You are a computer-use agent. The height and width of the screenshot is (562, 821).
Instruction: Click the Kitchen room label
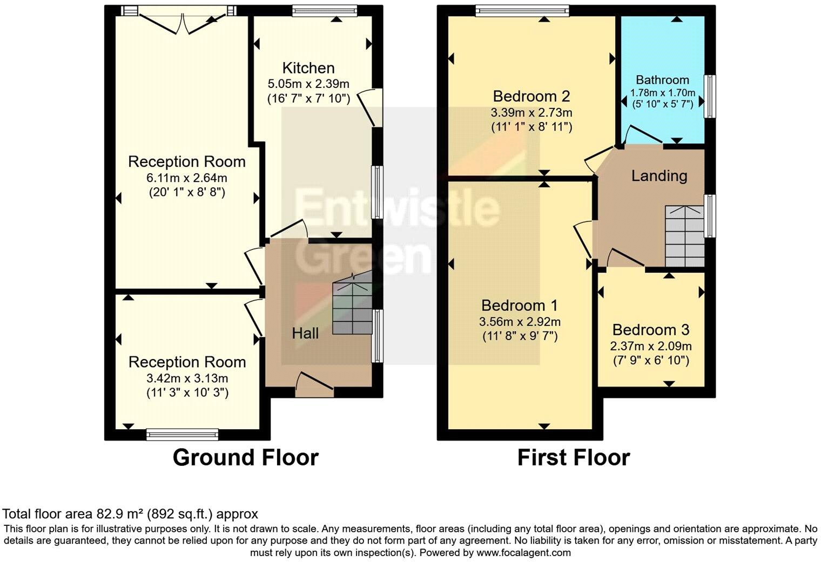(x=308, y=68)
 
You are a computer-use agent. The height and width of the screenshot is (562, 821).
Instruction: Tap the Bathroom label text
(x=662, y=80)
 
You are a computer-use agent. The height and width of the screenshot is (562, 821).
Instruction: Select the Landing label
(x=659, y=176)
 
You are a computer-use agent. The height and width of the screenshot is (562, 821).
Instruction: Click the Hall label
(x=305, y=334)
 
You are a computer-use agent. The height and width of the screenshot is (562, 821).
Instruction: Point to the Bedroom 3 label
(x=651, y=330)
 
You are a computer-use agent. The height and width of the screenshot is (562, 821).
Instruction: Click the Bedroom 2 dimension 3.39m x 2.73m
(x=531, y=113)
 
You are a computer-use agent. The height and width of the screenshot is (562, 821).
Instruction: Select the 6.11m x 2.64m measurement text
(x=187, y=178)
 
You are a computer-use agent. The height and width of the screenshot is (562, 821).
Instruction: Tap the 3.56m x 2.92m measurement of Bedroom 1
(x=520, y=322)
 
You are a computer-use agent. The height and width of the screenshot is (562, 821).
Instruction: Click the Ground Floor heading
(x=245, y=458)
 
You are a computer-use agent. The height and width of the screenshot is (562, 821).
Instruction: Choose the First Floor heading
(x=573, y=458)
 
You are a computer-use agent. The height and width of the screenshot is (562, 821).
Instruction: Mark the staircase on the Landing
(x=684, y=236)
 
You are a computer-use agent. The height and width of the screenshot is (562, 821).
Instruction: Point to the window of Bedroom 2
(x=522, y=11)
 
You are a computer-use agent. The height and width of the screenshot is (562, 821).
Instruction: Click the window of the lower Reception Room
(x=183, y=434)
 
